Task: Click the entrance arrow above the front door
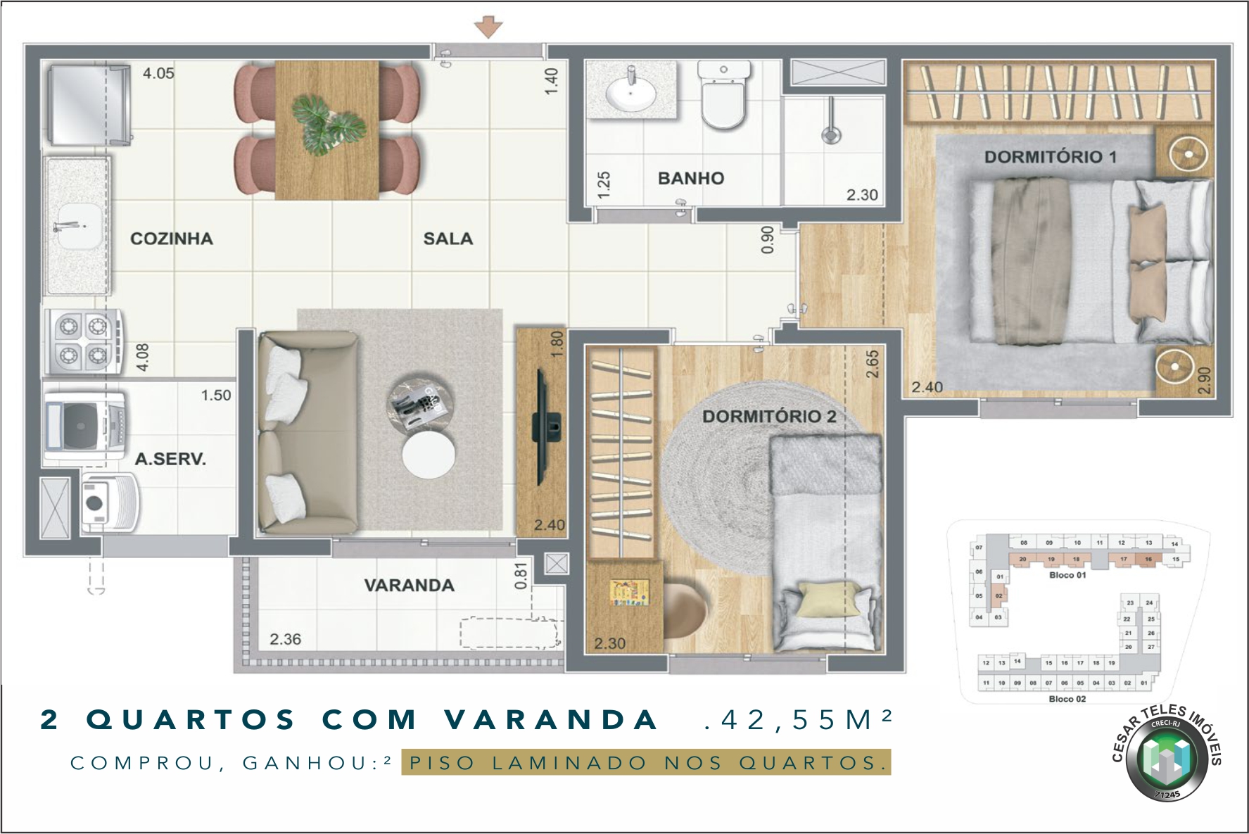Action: point(488,27)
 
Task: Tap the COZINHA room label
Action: point(171,239)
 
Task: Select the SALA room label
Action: point(448,239)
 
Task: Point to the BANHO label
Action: point(690,178)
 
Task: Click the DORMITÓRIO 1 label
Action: point(1050,157)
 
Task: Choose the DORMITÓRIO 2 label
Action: point(769,417)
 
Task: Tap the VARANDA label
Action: point(409,585)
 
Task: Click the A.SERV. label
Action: point(170,460)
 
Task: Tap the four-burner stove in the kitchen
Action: point(82,341)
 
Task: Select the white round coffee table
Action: point(428,455)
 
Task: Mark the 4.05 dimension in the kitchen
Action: point(158,73)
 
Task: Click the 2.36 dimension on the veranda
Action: point(285,639)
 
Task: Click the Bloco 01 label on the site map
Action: point(1067,575)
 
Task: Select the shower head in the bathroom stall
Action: point(831,134)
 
